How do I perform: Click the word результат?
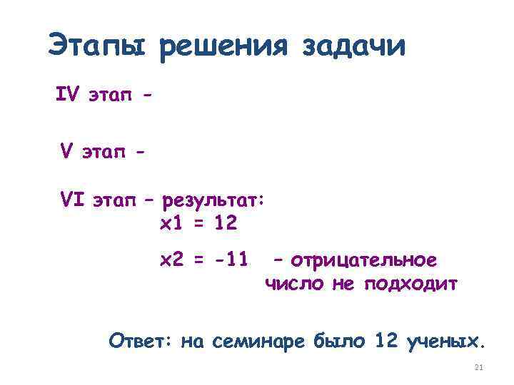coord(213,202)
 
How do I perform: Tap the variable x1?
coord(171,224)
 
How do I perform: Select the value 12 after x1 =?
coord(226,224)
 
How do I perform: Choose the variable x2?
coord(172,260)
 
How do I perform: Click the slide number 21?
coord(479,368)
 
